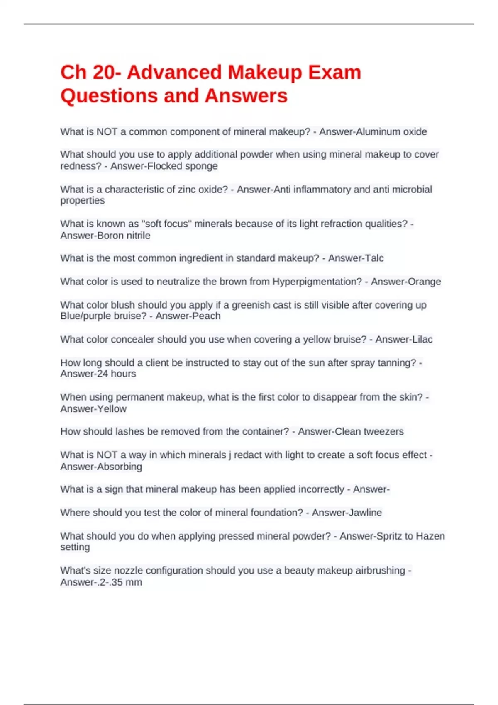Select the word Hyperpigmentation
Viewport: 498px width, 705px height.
[317, 282]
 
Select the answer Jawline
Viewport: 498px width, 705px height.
[364, 513]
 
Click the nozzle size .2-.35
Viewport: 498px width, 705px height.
[105, 582]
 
